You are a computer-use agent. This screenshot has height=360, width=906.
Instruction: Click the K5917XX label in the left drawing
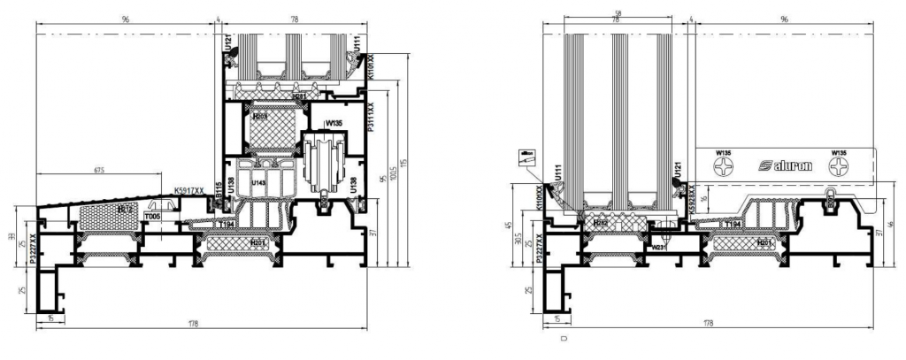click(189, 190)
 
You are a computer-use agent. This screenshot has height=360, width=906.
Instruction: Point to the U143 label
click(258, 183)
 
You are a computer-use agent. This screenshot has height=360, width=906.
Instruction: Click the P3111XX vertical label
click(372, 117)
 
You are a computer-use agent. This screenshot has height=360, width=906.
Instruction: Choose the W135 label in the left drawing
click(334, 123)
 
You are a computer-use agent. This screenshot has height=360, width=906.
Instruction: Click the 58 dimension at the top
click(615, 11)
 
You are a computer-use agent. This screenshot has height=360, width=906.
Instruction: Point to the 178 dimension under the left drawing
click(193, 325)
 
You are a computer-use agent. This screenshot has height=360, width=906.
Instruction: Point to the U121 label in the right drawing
click(677, 168)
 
